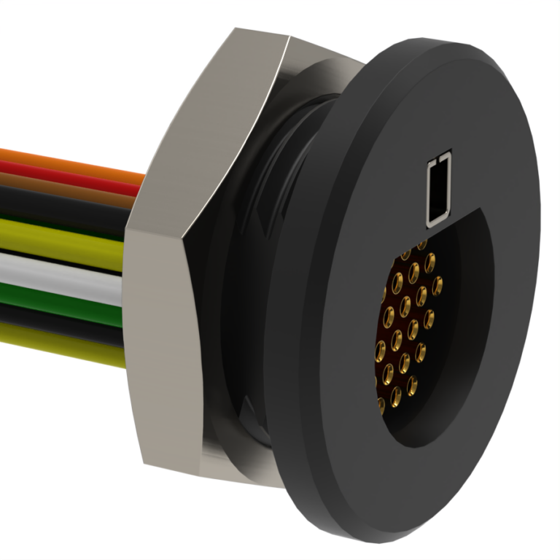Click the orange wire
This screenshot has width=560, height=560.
66,162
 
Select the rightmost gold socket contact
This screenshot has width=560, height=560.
437,284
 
